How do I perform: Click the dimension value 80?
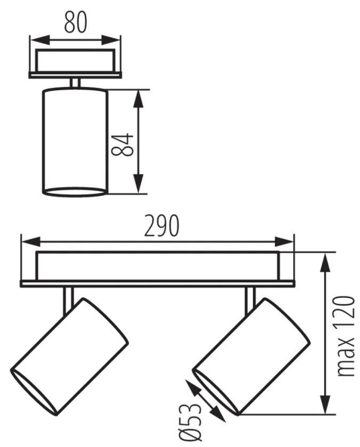(x=75, y=22)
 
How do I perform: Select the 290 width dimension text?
(x=162, y=225)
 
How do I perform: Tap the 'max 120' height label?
(x=346, y=336)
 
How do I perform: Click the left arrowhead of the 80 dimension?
(x=39, y=40)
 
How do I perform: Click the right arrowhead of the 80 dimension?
(x=111, y=40)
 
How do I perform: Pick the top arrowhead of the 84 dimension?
(x=138, y=99)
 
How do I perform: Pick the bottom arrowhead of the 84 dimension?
(x=138, y=184)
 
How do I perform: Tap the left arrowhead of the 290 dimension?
(x=30, y=241)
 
